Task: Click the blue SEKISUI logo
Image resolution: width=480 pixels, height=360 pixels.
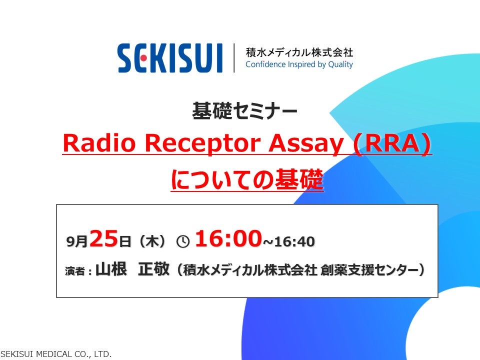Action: (170, 58)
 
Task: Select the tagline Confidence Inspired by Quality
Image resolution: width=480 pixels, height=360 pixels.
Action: (299, 64)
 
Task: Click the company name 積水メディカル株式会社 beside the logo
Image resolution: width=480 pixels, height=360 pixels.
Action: (299, 52)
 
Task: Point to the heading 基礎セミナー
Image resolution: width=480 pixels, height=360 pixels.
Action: (244, 110)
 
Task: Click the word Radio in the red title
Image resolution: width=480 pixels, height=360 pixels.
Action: (99, 143)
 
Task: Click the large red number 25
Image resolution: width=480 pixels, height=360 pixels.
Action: (104, 238)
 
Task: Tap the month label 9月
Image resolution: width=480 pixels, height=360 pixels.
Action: (77, 241)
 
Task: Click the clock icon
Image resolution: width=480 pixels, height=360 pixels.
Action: (183, 241)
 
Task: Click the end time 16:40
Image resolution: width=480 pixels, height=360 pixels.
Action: (294, 241)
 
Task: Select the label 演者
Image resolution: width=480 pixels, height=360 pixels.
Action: (75, 271)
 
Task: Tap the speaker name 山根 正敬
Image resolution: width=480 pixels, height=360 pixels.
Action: (132, 269)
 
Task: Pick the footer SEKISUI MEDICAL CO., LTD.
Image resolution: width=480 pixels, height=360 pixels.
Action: (56, 354)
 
